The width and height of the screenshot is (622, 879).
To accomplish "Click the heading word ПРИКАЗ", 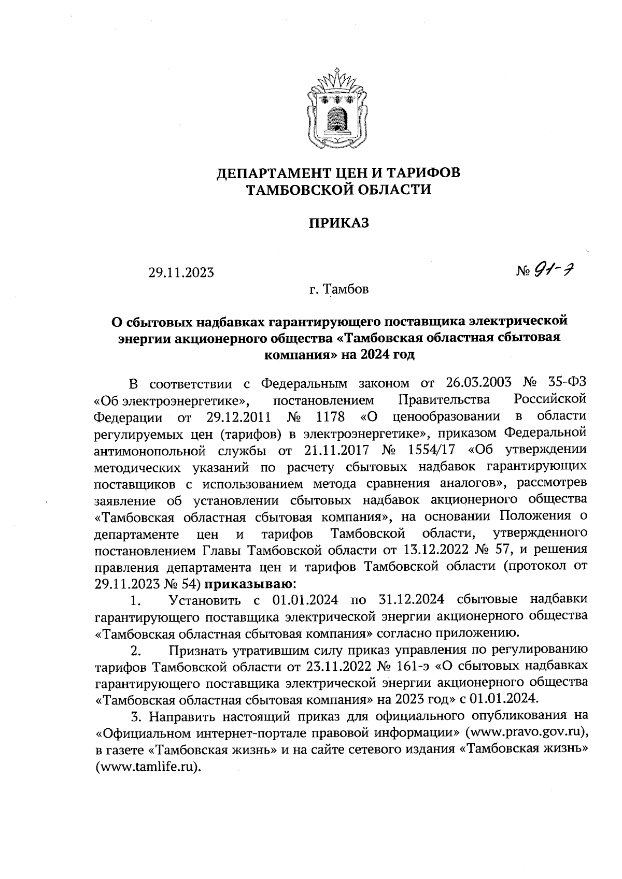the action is (338, 223).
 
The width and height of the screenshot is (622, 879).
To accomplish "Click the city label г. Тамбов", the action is (338, 290).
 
